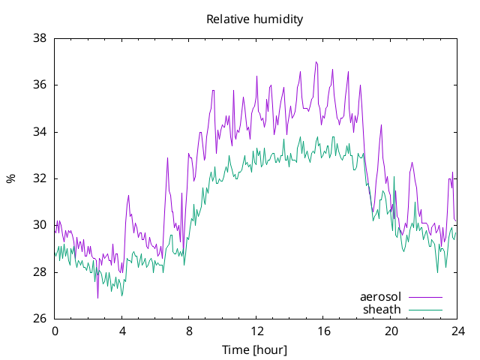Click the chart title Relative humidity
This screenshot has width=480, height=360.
pyautogui.click(x=255, y=19)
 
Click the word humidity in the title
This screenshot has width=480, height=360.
pyautogui.click(x=278, y=19)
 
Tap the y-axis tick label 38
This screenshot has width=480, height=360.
pyautogui.click(x=40, y=38)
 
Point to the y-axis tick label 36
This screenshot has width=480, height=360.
pyautogui.click(x=40, y=85)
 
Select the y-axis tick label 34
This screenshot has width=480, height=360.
pyautogui.click(x=40, y=132)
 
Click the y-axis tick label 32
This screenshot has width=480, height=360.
pyautogui.click(x=40, y=178)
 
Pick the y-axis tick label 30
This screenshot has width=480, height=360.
pyautogui.click(x=40, y=225)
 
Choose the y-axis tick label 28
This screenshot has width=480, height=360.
pyautogui.click(x=40, y=272)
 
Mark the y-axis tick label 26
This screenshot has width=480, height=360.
pyautogui.click(x=40, y=319)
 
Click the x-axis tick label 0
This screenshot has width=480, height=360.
pyautogui.click(x=55, y=331)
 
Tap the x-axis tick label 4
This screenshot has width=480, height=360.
pyautogui.click(x=122, y=331)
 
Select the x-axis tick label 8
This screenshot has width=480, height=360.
pyautogui.click(x=189, y=331)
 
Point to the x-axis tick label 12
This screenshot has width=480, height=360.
pyautogui.click(x=256, y=331)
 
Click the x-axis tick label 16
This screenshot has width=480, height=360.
pyautogui.click(x=323, y=331)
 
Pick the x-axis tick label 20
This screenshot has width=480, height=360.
pyautogui.click(x=391, y=331)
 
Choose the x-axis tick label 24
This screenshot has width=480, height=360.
pyautogui.click(x=458, y=331)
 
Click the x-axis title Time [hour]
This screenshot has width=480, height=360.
pyautogui.click(x=255, y=350)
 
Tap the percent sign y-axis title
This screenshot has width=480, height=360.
pyautogui.click(x=11, y=178)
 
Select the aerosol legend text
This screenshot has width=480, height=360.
pyautogui.click(x=380, y=297)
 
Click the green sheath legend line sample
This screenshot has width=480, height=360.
pyautogui.click(x=425, y=310)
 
